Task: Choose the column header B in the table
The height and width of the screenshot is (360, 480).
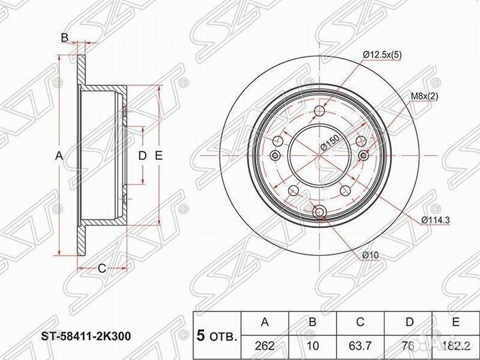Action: pos(312,323)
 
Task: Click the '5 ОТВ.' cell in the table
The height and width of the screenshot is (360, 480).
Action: pos(215,335)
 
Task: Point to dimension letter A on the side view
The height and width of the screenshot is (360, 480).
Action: pos(59,155)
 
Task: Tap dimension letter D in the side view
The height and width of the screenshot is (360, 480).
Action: pos(142,155)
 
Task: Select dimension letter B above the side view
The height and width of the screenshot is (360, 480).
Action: pos(64,38)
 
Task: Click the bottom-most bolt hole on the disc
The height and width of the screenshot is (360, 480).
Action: pos(319,212)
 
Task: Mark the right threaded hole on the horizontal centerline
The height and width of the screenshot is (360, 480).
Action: pos(364,155)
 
